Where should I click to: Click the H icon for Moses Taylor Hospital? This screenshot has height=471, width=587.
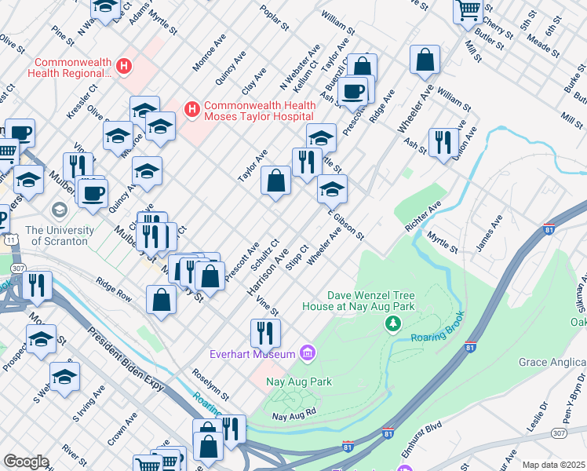[190, 110]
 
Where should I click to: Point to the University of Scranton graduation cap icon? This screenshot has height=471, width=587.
[59, 210]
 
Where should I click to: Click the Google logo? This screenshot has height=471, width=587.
[26, 462]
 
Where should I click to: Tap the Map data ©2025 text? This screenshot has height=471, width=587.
[552, 465]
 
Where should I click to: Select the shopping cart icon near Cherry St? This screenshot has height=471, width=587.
[468, 10]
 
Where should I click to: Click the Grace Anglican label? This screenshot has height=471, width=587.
[552, 362]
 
